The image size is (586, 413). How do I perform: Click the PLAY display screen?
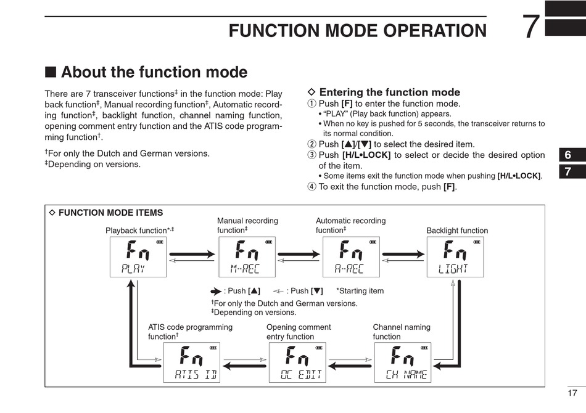138,257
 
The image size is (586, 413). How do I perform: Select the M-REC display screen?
247,257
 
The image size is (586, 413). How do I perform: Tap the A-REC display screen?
352,257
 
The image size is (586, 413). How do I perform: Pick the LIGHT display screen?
455,257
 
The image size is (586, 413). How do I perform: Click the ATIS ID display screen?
192,362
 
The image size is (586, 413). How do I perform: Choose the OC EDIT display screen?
297,362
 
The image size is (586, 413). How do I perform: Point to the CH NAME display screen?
403,362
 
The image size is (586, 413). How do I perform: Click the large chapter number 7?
531,27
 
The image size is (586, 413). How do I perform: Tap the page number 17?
572,393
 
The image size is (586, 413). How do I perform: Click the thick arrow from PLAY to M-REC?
192,255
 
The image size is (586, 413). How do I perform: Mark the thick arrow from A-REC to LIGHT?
403,255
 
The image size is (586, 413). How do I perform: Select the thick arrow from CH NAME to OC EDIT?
350,366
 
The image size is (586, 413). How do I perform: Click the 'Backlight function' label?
457,231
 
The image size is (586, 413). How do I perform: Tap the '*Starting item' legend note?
360,291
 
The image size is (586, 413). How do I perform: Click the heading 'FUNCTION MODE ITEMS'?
110,213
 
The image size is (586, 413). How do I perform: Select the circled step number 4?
312,187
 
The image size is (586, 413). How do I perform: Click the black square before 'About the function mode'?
51,72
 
